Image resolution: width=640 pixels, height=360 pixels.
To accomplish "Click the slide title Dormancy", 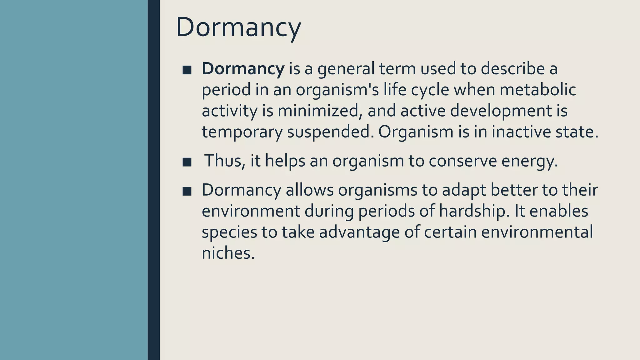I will tap(238, 27).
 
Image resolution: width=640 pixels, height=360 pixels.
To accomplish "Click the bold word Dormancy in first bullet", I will tap(243, 68).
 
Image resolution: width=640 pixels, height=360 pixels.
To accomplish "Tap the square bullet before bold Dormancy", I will tap(187, 70).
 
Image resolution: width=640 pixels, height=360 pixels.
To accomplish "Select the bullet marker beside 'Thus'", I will tap(187, 162).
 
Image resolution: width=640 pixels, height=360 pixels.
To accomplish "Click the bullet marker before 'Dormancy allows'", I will tap(187, 191).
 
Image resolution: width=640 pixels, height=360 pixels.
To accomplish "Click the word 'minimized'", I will tap(318, 111).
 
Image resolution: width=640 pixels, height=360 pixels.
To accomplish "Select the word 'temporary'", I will tap(242, 132).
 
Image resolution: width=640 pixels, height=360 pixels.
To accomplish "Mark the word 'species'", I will tap(229, 232).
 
